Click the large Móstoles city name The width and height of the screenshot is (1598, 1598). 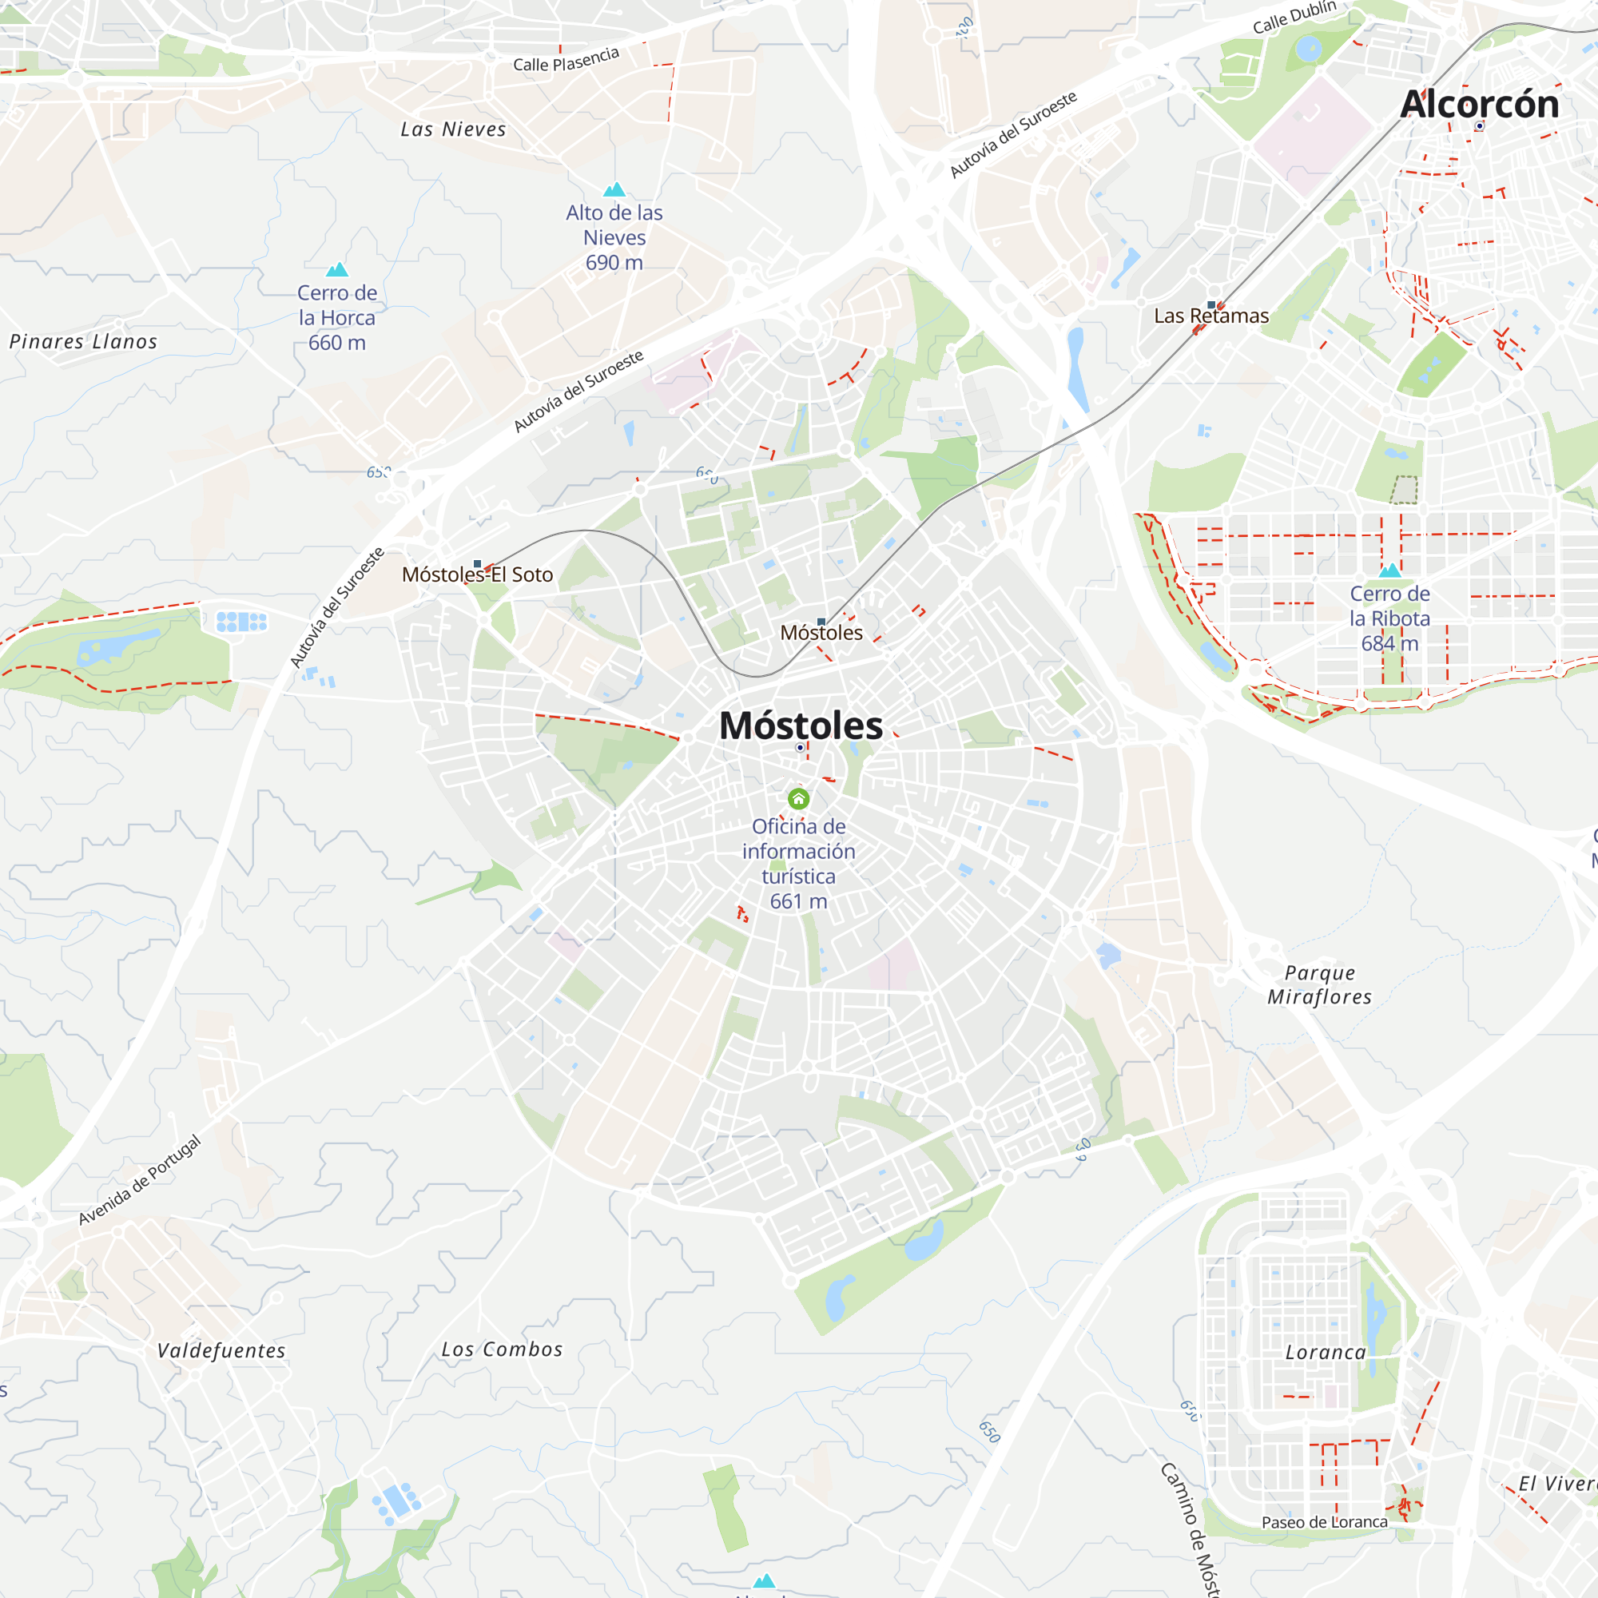pos(801,725)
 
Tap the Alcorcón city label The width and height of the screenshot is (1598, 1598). pos(1479,104)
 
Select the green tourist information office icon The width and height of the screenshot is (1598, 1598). pos(798,799)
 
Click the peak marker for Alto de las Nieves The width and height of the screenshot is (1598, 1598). pos(614,190)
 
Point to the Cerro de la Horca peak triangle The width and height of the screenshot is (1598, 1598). pos(336,269)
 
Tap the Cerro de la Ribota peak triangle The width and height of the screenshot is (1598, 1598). pos(1389,570)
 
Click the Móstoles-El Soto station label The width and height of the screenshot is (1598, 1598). pos(477,574)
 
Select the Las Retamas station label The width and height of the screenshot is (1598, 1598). pos(1211,316)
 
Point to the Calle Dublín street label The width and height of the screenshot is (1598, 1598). pos(1294,18)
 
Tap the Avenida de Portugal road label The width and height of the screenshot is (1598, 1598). pos(140,1179)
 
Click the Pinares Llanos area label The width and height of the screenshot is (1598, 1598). pos(83,342)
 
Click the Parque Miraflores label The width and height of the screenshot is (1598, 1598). pos(1319,984)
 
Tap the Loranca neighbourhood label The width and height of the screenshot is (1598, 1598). pos(1325,1353)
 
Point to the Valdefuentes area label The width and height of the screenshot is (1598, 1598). pos(221,1350)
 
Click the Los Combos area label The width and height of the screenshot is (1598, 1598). pos(501,1349)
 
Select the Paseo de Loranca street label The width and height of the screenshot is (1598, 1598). pos(1324,1522)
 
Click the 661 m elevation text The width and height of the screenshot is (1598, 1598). pos(798,901)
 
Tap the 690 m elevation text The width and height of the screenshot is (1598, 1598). pos(614,263)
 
